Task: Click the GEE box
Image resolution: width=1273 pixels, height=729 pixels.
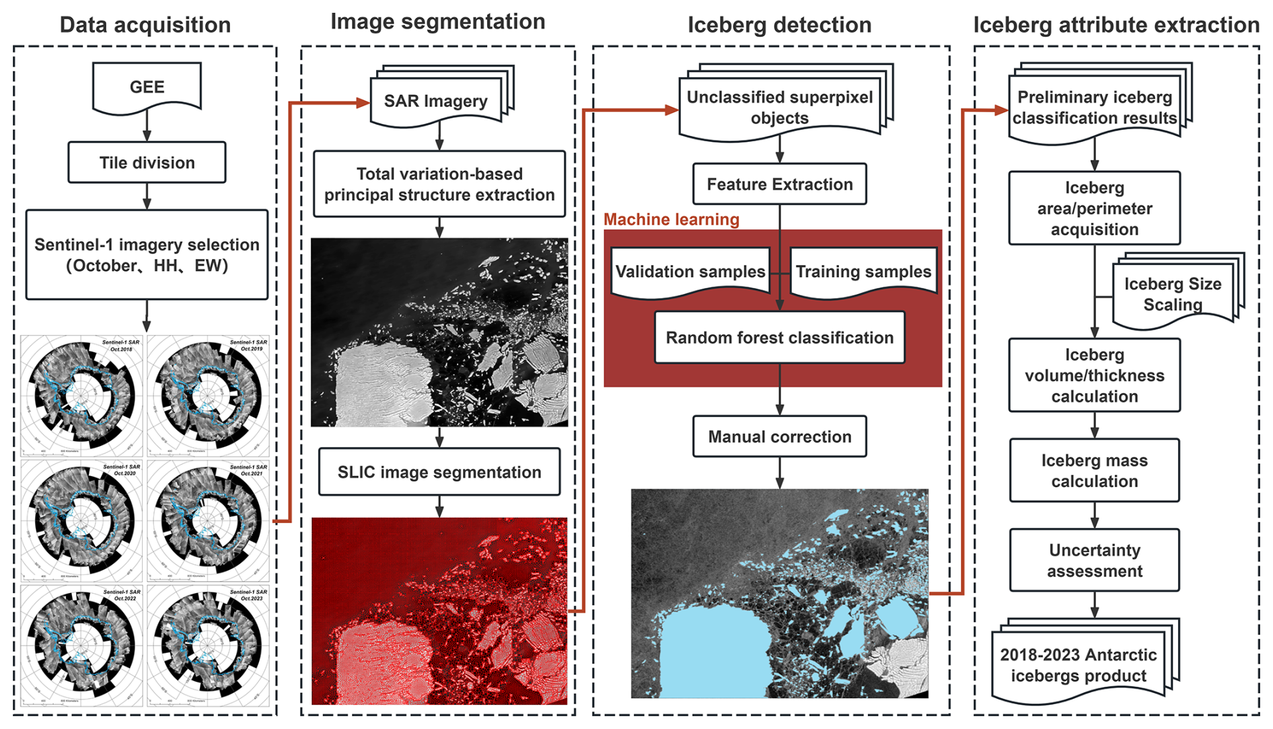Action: point(147,87)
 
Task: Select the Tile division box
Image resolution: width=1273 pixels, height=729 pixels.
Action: point(147,163)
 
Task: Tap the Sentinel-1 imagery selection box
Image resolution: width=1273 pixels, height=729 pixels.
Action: point(147,255)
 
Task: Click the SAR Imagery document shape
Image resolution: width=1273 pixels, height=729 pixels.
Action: point(436,101)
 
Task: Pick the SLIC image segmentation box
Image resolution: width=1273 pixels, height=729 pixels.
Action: point(439,472)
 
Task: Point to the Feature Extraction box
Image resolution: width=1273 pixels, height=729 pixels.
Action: point(779,184)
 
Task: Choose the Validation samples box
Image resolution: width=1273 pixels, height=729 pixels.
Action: point(690,271)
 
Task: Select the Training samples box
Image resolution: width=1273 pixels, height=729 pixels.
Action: point(863,271)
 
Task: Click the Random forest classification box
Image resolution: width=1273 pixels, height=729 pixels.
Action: point(779,338)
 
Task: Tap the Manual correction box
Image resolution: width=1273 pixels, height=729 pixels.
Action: point(779,436)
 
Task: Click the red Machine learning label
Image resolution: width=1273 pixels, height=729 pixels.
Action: point(671,219)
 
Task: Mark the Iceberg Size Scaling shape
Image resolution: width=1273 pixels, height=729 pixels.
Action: point(1173,294)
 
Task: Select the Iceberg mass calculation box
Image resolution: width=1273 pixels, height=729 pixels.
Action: point(1095,471)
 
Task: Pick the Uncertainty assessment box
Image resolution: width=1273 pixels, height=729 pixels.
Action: point(1095,560)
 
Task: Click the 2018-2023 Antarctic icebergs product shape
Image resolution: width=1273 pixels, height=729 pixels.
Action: point(1079,665)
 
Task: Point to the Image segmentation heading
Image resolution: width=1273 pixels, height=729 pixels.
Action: point(437,22)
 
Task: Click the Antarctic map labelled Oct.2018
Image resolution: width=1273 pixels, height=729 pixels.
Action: point(81,395)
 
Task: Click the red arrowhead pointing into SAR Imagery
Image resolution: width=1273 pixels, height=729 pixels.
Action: point(363,103)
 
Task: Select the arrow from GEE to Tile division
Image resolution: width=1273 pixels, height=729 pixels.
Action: point(147,126)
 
